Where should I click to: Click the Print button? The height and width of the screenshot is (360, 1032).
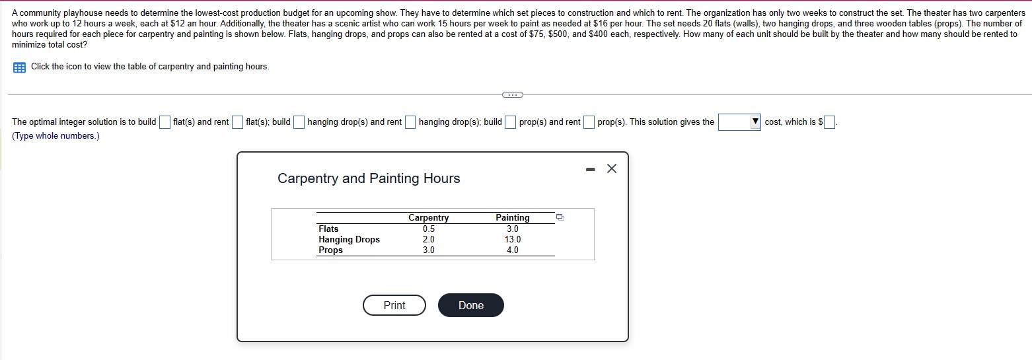394,305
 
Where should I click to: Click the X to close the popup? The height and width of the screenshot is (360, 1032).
611,168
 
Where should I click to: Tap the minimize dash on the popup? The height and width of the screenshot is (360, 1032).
590,170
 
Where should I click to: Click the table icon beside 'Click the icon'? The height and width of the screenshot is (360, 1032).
19,67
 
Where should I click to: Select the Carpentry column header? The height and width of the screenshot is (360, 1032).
428,217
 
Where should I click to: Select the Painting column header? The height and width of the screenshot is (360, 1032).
512,217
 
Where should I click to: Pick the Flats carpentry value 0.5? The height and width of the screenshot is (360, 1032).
428,229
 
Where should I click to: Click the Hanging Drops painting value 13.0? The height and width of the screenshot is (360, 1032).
513,239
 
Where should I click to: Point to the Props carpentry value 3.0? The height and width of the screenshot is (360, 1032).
428,250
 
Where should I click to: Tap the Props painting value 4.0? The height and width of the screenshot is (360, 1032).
513,250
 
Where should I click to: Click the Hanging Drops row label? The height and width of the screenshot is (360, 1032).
349,239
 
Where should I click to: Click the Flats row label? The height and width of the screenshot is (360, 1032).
328,229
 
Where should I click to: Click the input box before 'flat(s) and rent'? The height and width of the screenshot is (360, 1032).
165,122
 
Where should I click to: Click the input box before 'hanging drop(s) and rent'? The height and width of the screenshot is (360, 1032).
299,122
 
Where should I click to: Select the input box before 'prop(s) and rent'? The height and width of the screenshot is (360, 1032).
511,122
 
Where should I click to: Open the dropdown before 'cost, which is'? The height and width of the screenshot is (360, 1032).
739,122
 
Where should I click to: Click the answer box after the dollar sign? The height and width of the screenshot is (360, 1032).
829,122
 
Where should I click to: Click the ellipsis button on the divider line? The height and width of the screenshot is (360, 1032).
513,95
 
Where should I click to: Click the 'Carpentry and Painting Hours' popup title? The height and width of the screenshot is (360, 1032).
369,178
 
